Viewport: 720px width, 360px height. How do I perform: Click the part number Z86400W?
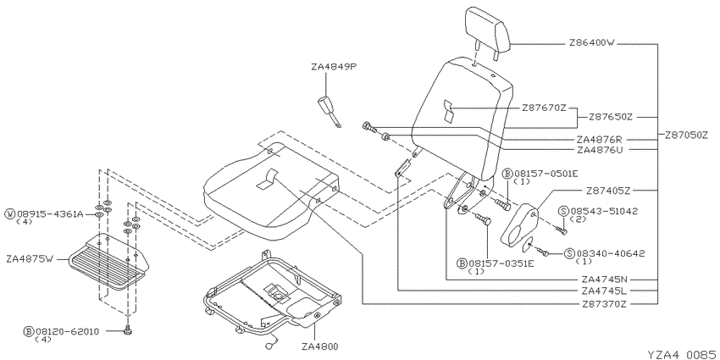point(591,43)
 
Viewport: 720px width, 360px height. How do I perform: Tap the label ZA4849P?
point(334,67)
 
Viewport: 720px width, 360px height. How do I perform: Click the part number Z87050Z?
point(686,136)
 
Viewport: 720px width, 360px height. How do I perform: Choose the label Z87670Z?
point(544,108)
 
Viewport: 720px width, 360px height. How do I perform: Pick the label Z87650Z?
point(611,117)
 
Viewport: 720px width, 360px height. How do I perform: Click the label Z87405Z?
point(608,190)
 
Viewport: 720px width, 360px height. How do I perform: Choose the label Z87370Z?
point(605,304)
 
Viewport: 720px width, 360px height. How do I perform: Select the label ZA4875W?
point(30,259)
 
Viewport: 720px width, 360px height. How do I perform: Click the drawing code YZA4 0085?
point(682,354)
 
